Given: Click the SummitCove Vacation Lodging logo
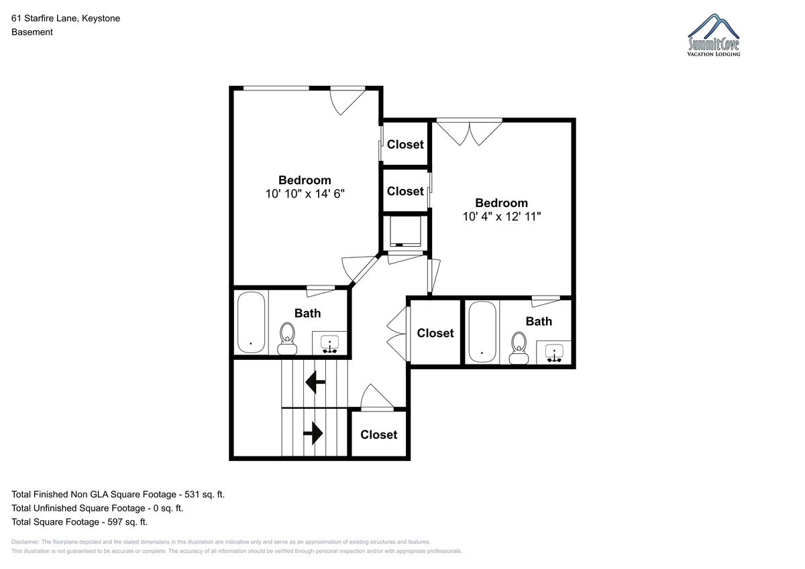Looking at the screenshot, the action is [713, 35].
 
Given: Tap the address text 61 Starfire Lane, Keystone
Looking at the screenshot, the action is [66, 18].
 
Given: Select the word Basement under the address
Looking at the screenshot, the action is [32, 32].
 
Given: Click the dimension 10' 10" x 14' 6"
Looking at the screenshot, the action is [305, 194].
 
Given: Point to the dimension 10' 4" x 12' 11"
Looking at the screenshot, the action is [501, 216].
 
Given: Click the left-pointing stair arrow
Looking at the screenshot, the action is [315, 382].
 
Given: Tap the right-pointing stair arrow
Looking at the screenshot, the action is [313, 434].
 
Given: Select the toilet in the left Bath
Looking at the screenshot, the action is [287, 338].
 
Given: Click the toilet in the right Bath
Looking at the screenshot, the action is [519, 348].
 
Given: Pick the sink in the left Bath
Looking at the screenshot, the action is [329, 344].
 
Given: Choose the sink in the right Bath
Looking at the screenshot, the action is [554, 353].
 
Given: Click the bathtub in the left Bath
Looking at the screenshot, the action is [251, 322].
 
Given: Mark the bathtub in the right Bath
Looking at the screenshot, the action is [482, 332].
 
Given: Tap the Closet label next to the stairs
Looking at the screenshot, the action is [379, 435].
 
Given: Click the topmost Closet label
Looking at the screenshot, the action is [405, 144].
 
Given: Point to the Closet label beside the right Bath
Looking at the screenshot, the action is [435, 333].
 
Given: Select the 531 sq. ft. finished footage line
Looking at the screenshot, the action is [118, 495].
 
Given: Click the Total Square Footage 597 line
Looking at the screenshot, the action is [79, 521].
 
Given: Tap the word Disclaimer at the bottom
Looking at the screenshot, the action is [25, 542].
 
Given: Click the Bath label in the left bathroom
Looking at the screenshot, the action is [307, 313].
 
